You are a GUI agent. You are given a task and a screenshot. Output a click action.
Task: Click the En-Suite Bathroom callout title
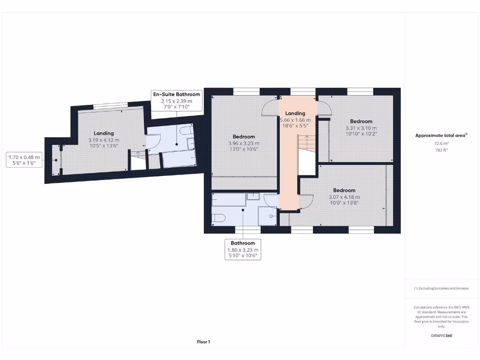pyautogui.click(x=177, y=94)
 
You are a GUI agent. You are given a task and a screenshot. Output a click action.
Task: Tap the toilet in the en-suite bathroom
pyautogui.click(x=186, y=129)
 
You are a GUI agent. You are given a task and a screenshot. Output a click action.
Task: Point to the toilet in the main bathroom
pyautogui.click(x=218, y=217)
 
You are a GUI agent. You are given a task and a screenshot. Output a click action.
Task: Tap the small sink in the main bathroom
pyautogui.click(x=253, y=196)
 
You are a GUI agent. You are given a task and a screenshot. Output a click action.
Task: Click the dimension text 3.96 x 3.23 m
pyautogui.click(x=243, y=143)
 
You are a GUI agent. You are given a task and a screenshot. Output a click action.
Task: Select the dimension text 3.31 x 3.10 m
pyautogui.click(x=361, y=128)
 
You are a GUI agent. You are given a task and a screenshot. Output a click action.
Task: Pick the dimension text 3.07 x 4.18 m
pyautogui.click(x=344, y=197)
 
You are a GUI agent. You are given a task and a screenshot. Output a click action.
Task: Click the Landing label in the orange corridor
pyautogui.click(x=295, y=113)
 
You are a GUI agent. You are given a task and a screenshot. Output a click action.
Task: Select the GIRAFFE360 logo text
pyautogui.click(x=441, y=336)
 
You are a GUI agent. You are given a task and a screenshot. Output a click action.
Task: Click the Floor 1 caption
pyautogui.click(x=203, y=342)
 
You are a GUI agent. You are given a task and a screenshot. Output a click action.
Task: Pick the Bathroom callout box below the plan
pyautogui.click(x=243, y=250)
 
